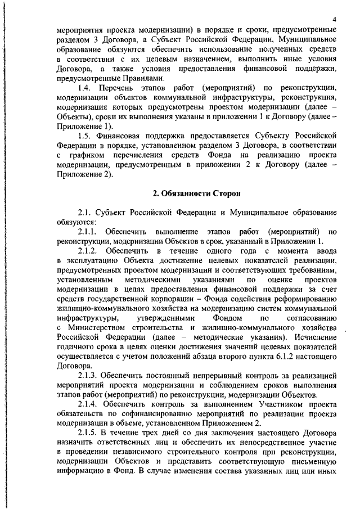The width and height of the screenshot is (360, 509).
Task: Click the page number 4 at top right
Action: pyautogui.click(x=334, y=19)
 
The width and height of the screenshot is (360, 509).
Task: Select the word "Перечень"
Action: pyautogui.click(x=118, y=88)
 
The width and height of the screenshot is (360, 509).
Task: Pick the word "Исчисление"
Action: pyautogui.click(x=312, y=336)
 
